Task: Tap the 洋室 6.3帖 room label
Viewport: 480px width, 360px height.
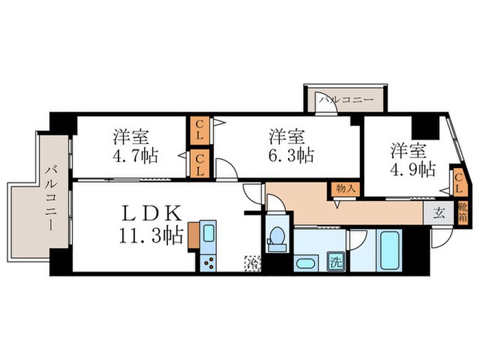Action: coord(287,145)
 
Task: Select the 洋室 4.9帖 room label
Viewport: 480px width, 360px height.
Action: coord(412,158)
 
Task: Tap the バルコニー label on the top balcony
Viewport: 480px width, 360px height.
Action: coord(346,100)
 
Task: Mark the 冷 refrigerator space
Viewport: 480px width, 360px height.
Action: coord(251,262)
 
